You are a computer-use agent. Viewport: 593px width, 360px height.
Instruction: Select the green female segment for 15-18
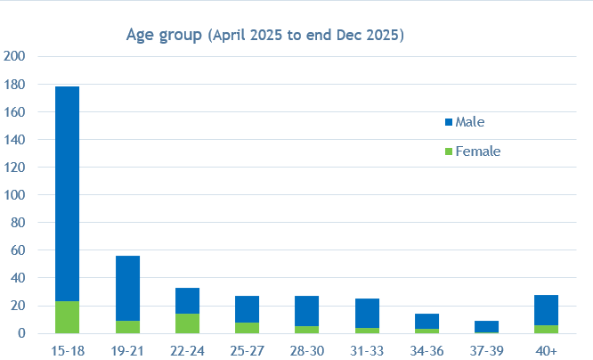67,317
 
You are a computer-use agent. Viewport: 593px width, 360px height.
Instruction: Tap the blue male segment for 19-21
127,288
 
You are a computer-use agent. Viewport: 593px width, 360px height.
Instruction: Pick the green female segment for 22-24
187,323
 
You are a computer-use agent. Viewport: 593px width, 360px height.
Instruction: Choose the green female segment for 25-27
247,328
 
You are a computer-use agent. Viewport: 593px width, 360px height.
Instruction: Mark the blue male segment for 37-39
486,326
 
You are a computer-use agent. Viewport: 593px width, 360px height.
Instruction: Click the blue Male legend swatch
448,121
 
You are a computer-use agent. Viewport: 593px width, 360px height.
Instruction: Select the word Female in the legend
478,151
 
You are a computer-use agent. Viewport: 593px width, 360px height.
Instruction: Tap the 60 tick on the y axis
18,250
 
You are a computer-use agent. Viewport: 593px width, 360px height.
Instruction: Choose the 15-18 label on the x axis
67,351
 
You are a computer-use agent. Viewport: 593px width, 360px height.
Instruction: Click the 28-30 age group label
306,351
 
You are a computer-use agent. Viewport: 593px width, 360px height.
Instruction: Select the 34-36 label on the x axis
426,351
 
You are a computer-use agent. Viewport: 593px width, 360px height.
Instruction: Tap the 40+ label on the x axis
546,351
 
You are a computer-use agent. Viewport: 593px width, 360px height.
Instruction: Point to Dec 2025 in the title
372,36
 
